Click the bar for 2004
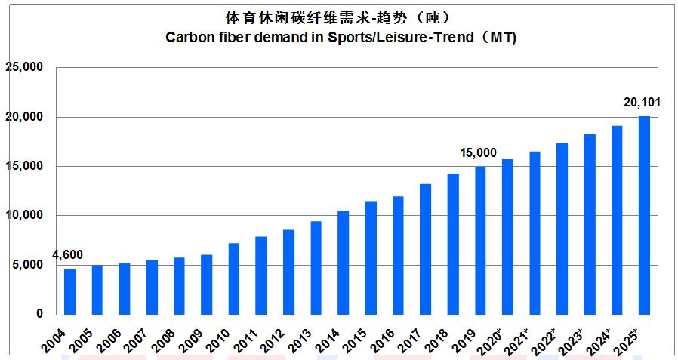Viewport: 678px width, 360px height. (x=69, y=291)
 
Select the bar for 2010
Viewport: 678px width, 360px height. (x=234, y=278)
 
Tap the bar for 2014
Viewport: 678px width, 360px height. (x=343, y=262)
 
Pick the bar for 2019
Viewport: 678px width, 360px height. (x=480, y=240)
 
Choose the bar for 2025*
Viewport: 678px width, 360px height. (x=644, y=215)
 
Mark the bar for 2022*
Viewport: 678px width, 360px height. (x=562, y=229)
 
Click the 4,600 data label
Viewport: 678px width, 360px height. (x=67, y=254)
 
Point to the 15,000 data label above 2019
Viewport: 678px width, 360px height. (x=479, y=153)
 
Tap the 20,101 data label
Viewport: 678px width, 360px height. (x=643, y=102)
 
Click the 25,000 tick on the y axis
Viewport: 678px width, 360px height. (x=26, y=68)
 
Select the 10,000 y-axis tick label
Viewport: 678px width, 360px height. (x=26, y=216)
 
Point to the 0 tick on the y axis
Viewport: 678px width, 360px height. (x=40, y=314)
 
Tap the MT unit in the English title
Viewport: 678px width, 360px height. (x=501, y=38)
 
